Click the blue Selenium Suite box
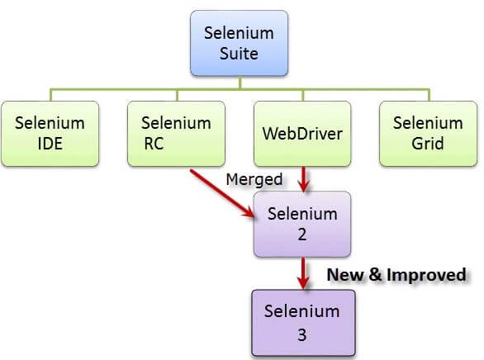pyautogui.click(x=240, y=42)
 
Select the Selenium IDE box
pyautogui.click(x=50, y=132)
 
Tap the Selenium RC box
pyautogui.click(x=174, y=132)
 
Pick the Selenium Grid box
pyautogui.click(x=428, y=132)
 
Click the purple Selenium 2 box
pyautogui.click(x=302, y=223)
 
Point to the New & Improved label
pyautogui.click(x=396, y=274)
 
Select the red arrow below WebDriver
pyautogui.click(x=303, y=178)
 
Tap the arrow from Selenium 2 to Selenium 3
pyautogui.click(x=303, y=272)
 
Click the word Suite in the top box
pyautogui.click(x=240, y=54)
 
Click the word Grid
pyautogui.click(x=428, y=143)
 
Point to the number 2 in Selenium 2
pyautogui.click(x=302, y=234)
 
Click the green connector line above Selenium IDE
pyautogui.click(x=50, y=94)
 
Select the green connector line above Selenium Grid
pyautogui.click(x=428, y=94)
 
